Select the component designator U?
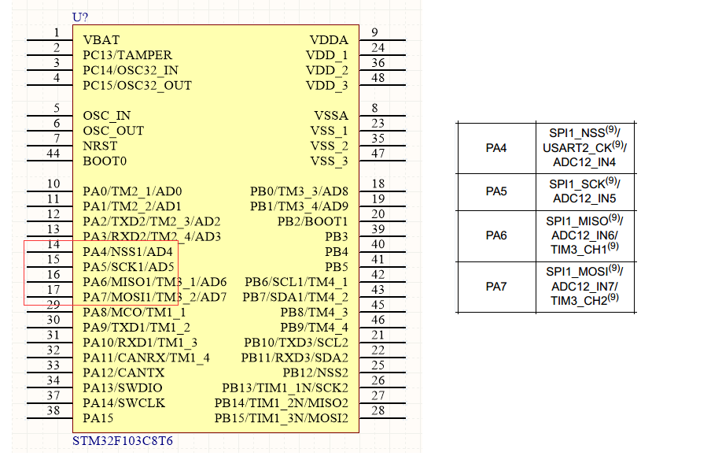click(x=80, y=17)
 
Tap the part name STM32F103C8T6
click(x=123, y=441)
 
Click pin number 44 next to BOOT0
click(x=53, y=154)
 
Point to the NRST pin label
click(x=100, y=146)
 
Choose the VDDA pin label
click(x=329, y=40)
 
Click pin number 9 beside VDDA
click(x=374, y=32)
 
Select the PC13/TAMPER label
click(x=127, y=55)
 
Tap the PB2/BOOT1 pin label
click(x=312, y=221)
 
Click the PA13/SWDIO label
click(x=123, y=388)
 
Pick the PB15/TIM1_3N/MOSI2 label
click(x=281, y=418)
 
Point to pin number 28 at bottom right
click(x=378, y=410)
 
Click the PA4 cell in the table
click(x=496, y=148)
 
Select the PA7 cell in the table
click(x=496, y=287)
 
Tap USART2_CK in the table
click(x=577, y=148)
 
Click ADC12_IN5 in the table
click(x=584, y=198)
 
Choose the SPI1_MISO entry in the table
click(x=578, y=221)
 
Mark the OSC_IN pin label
click(x=107, y=116)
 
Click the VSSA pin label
click(x=330, y=116)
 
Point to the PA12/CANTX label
click(x=123, y=373)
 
